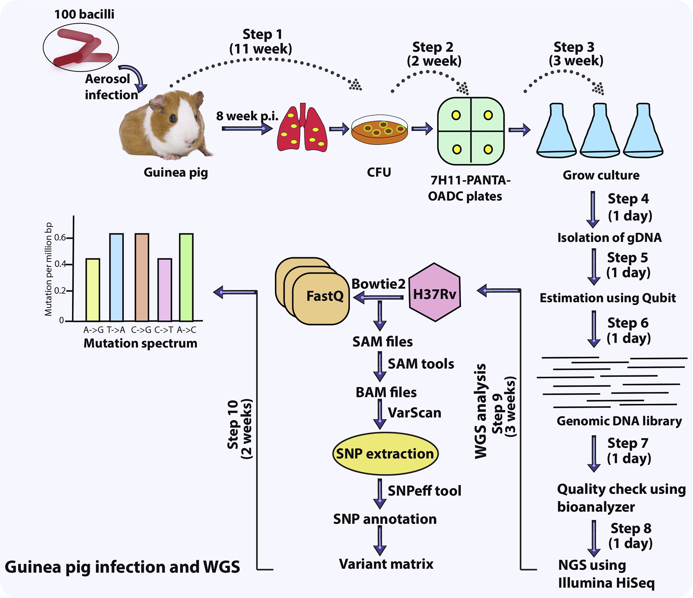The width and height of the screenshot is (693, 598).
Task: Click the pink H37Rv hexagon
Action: [x=435, y=293]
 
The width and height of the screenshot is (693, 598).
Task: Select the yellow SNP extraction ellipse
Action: [x=385, y=454]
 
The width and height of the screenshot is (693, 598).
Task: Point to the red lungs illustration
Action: [x=302, y=129]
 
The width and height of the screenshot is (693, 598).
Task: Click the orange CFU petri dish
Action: [x=379, y=130]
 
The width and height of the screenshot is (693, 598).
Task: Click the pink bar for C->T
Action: [x=165, y=290]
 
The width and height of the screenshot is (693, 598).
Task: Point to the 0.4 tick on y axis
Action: [x=61, y=264]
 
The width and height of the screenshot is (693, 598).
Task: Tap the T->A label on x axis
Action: [x=116, y=330]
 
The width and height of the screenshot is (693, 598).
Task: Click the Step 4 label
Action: [x=628, y=199]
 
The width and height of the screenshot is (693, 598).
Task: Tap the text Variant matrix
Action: [x=386, y=564]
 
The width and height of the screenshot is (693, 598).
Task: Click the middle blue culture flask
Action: [x=599, y=132]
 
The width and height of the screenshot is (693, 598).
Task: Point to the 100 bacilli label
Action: [x=84, y=14]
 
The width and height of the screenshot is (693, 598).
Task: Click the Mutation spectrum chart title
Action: [x=140, y=343]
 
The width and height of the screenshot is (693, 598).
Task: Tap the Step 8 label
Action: [x=631, y=528]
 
